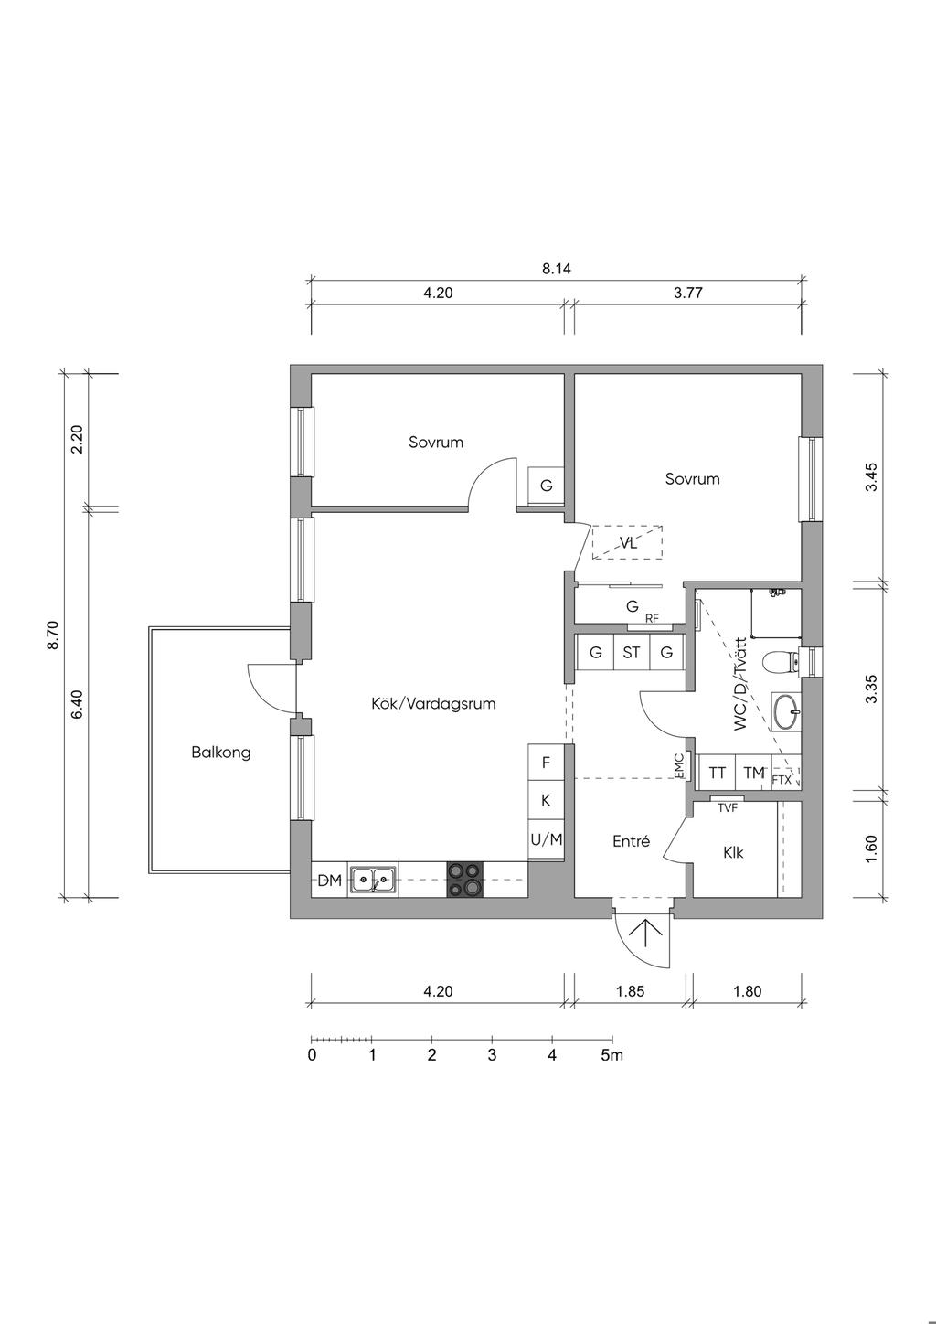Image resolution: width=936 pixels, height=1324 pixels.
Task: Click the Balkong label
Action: (220, 753)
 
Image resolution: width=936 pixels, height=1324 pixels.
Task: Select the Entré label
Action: (631, 841)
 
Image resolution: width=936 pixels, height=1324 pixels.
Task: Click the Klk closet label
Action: (733, 852)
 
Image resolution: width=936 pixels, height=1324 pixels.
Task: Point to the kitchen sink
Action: (373, 880)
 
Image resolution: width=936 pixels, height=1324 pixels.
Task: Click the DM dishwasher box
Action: (329, 881)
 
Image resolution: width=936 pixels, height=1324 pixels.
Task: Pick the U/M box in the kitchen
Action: (546, 838)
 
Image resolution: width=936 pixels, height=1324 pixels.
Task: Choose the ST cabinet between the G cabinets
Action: (631, 653)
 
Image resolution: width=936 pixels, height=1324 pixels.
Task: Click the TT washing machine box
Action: (718, 773)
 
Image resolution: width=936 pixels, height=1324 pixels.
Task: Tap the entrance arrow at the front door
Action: (646, 933)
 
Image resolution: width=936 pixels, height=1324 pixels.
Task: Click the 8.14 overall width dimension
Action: (556, 269)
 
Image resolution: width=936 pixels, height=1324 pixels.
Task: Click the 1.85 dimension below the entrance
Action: (631, 990)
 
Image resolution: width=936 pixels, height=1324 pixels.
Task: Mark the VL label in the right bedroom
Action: (627, 543)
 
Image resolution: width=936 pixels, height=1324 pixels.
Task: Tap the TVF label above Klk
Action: (728, 807)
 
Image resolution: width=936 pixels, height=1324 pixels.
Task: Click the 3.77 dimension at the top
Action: (692, 294)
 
